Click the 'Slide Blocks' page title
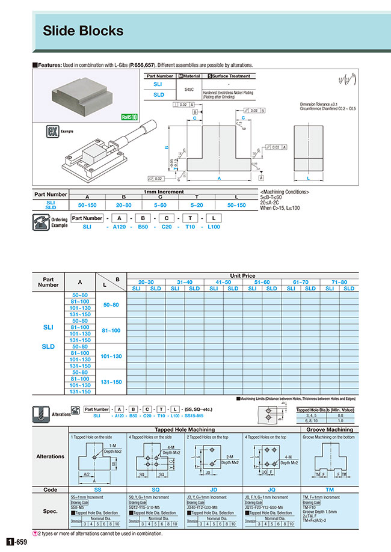point(83,31)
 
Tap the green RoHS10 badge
point(129,117)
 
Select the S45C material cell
point(188,89)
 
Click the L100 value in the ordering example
point(213,227)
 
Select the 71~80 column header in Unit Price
point(339,282)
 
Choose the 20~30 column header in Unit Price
point(146,282)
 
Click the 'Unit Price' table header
point(242,275)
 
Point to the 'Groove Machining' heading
point(330,430)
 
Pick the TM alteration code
point(329,490)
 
